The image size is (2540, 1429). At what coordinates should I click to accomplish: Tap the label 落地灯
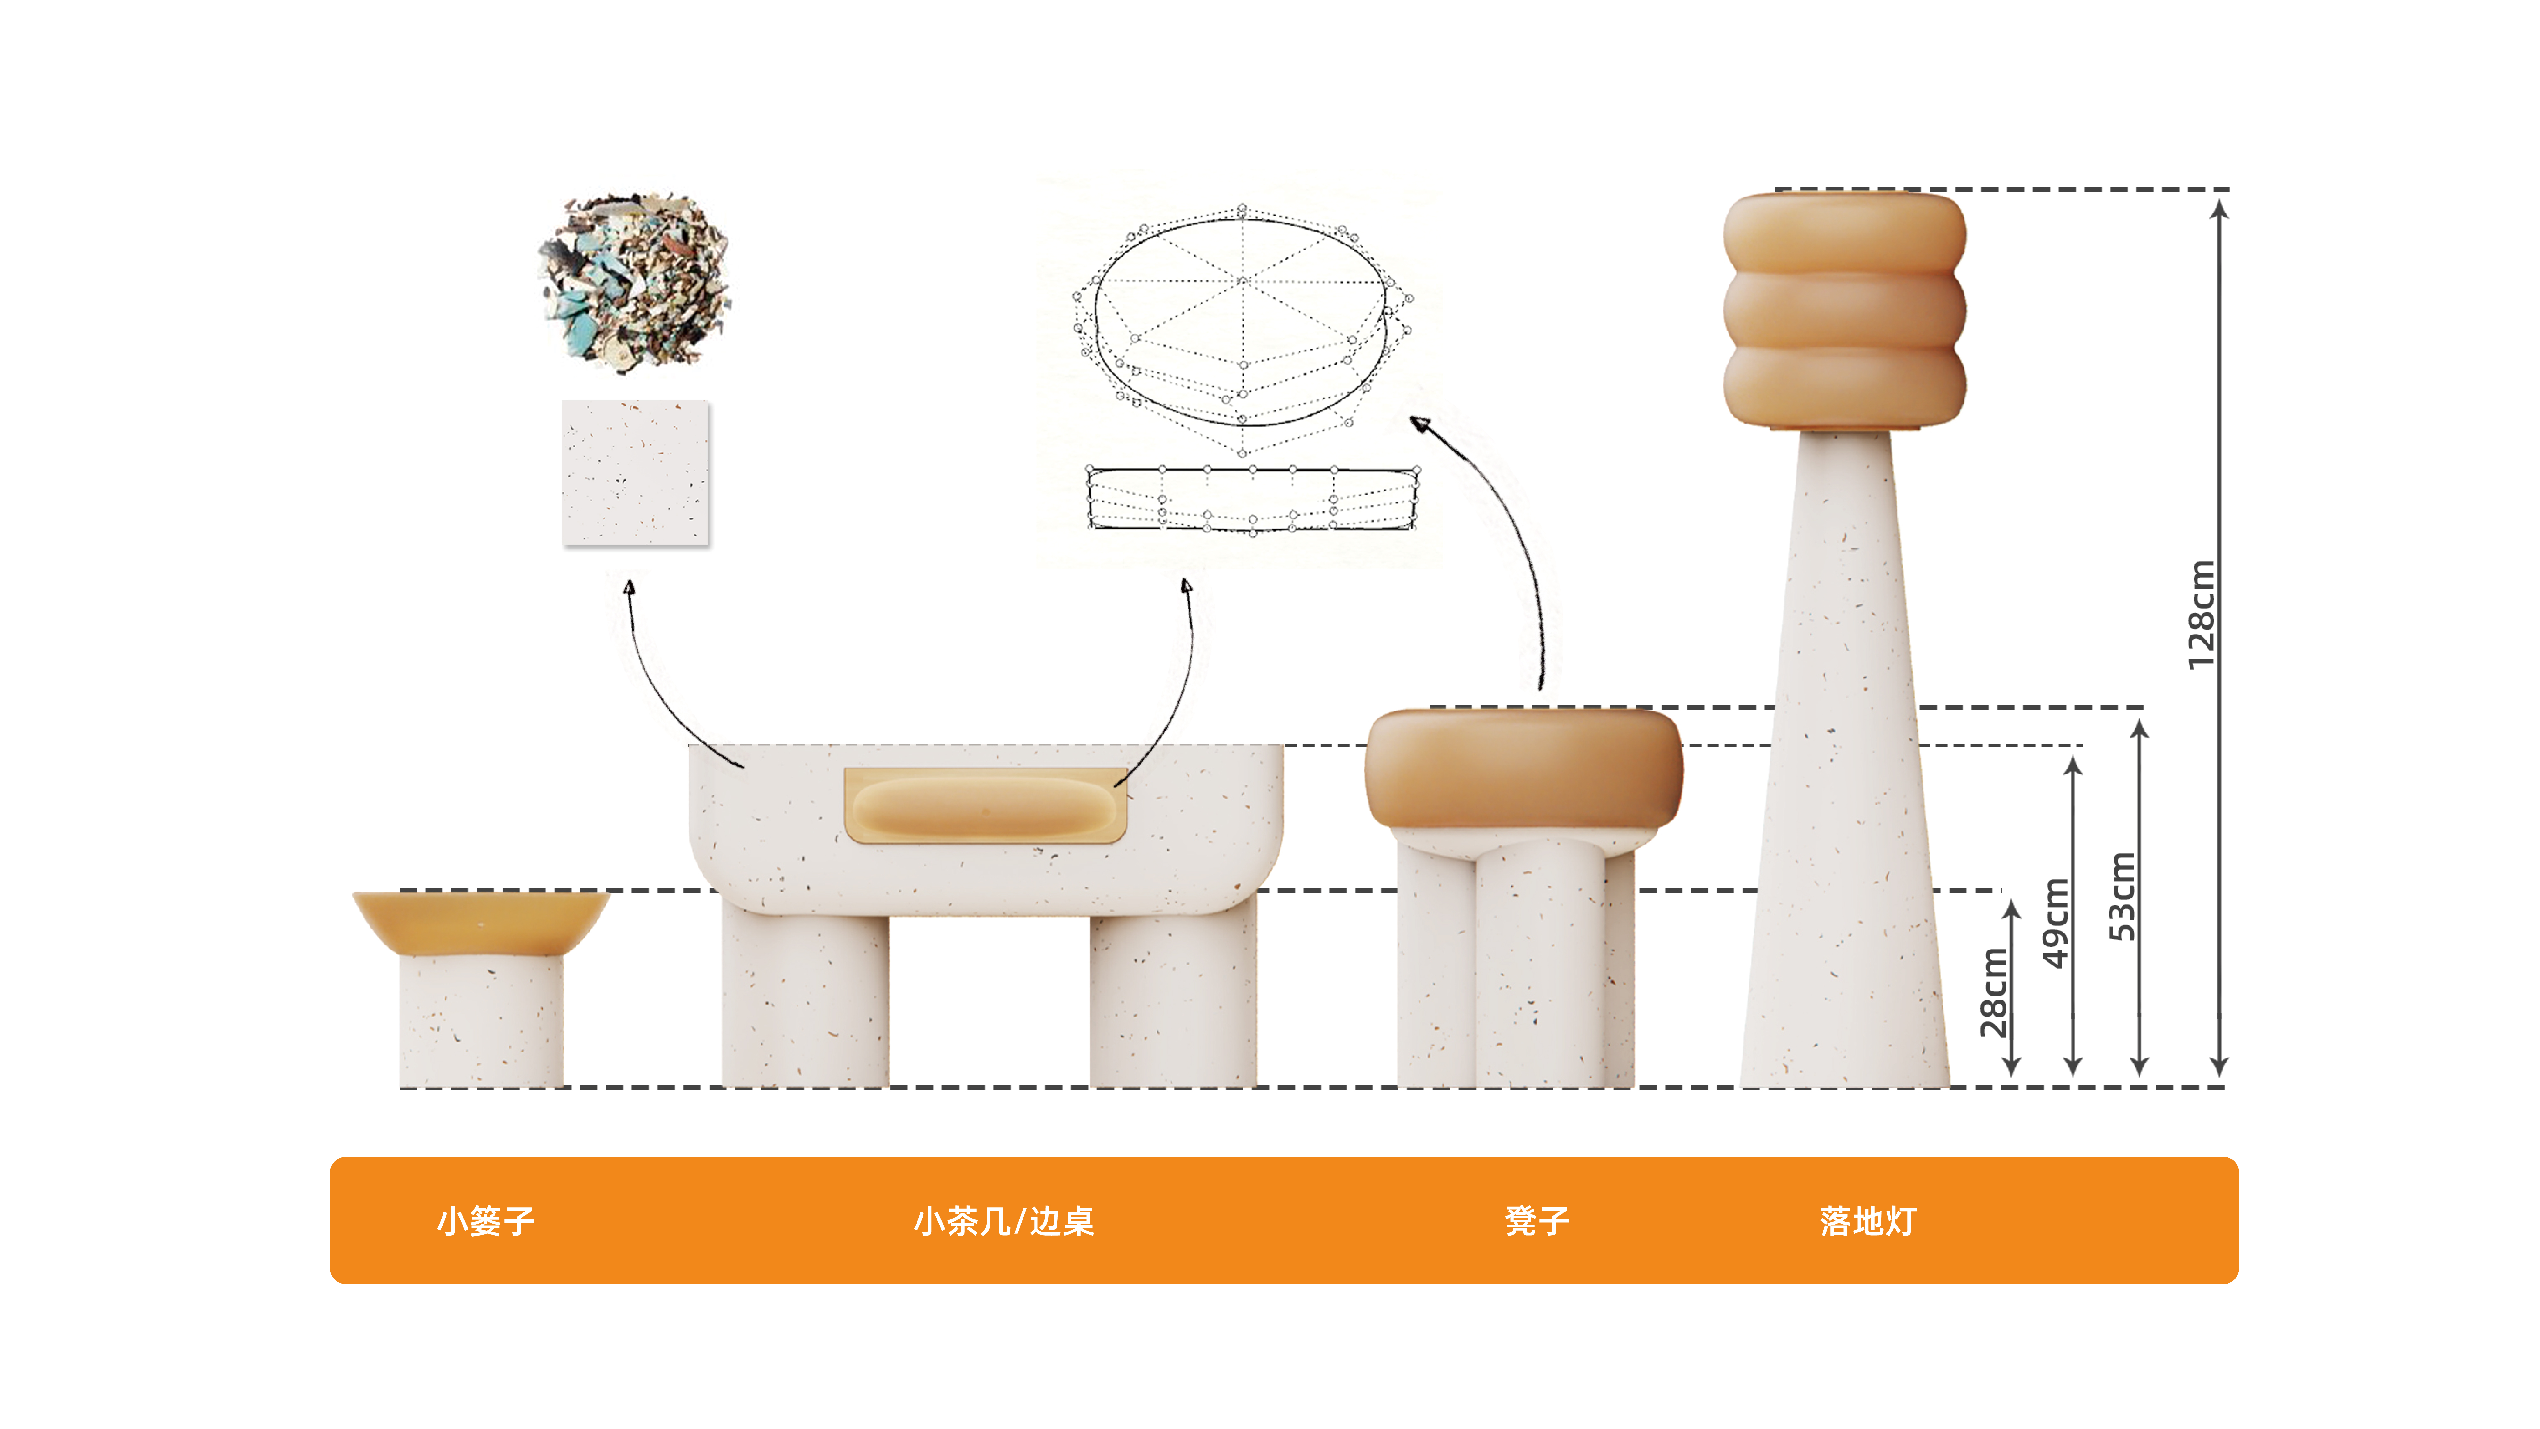pos(1868,1221)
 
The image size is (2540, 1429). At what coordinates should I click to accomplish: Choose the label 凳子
pos(1536,1221)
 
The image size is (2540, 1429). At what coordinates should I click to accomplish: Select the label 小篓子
pos(485,1221)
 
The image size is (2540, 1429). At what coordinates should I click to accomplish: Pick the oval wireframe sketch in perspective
pos(1243,325)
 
